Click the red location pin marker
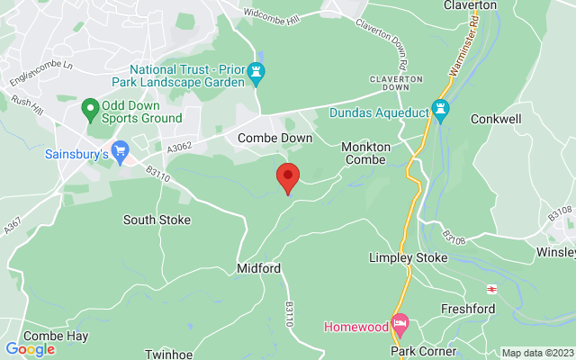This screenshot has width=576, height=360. (x=288, y=176)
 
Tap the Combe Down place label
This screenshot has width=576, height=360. (x=274, y=138)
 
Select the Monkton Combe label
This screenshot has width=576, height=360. (x=364, y=153)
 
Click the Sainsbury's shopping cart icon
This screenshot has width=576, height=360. (x=120, y=150)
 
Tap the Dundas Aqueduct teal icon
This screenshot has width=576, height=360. (x=440, y=110)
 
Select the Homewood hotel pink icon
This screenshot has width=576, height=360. (x=400, y=322)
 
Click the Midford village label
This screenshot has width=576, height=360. (x=258, y=268)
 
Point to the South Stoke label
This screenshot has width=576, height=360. (x=151, y=220)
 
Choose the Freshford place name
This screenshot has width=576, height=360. (x=468, y=309)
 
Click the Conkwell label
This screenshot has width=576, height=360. (x=498, y=118)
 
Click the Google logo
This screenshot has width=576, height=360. (x=30, y=349)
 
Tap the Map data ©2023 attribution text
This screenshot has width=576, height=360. (x=537, y=353)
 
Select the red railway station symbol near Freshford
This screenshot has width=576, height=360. (x=492, y=289)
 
